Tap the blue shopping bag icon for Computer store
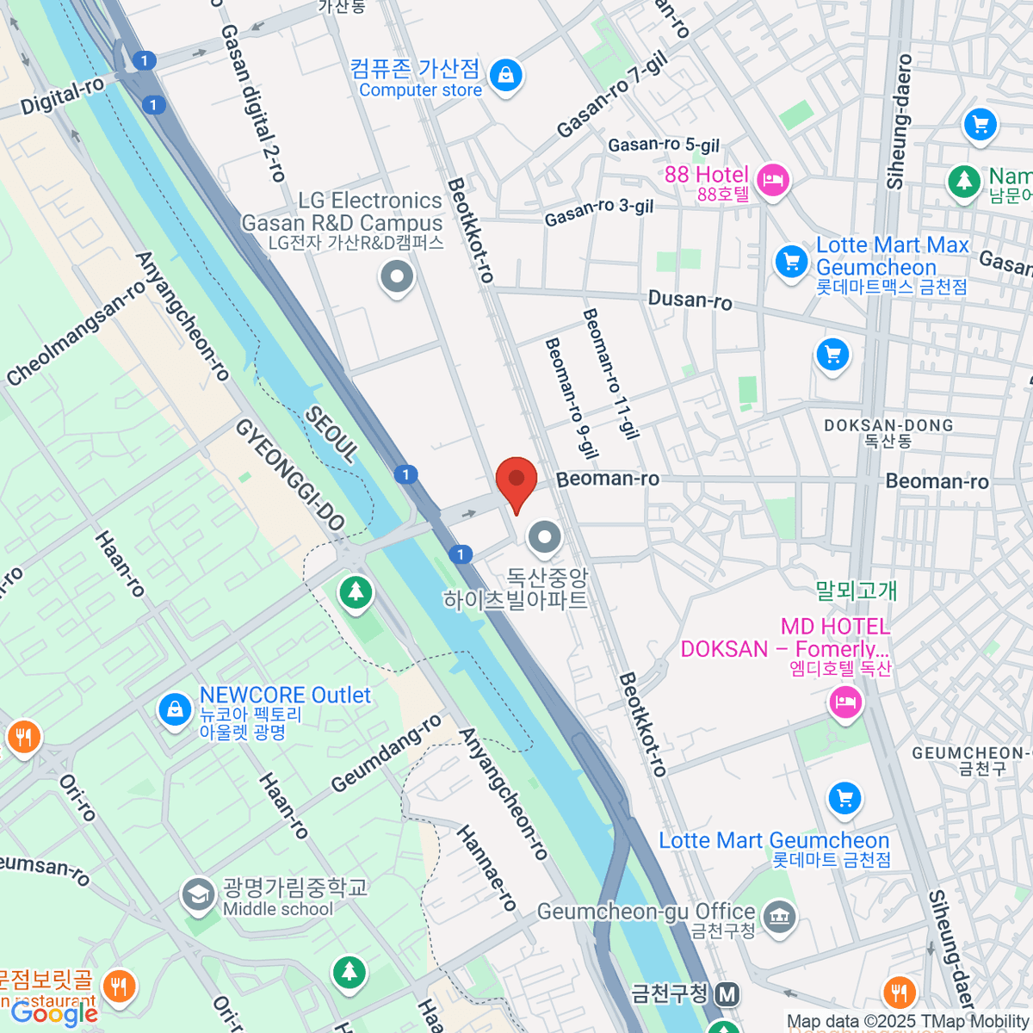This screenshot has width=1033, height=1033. (506, 75)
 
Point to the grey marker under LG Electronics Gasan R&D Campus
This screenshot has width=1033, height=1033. (397, 277)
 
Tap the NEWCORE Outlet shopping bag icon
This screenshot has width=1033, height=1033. (175, 709)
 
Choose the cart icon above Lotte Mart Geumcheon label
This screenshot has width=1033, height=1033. (844, 798)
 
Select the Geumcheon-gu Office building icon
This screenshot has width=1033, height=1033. (779, 916)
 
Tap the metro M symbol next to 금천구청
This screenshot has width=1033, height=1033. (727, 995)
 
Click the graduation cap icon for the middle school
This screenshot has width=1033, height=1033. (198, 895)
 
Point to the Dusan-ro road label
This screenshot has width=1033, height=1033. (690, 300)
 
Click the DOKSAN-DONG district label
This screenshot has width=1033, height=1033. (888, 425)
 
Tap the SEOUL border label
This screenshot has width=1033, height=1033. (331, 436)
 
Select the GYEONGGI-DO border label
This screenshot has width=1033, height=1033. (290, 474)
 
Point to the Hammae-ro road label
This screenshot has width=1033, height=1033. (486, 868)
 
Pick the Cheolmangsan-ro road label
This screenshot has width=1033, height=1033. (76, 334)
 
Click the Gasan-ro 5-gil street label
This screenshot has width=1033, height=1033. (664, 145)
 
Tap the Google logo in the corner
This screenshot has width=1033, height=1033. (53, 1013)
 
